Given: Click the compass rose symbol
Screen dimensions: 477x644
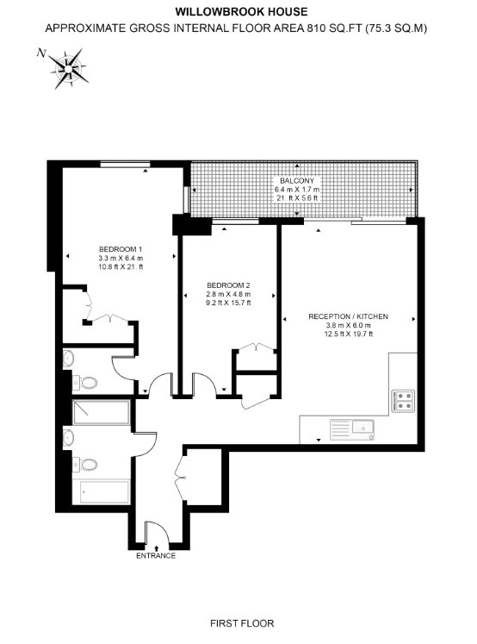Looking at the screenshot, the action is pyautogui.click(x=68, y=68).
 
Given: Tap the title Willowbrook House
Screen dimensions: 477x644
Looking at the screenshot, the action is pyautogui.click(x=241, y=11).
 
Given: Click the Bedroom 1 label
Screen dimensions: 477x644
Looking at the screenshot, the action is pyautogui.click(x=121, y=249).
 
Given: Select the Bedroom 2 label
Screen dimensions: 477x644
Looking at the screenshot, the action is pyautogui.click(x=228, y=285).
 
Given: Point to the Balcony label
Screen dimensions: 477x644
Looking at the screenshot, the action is pyautogui.click(x=297, y=181).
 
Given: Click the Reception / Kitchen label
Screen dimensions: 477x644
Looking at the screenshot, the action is pyautogui.click(x=348, y=316).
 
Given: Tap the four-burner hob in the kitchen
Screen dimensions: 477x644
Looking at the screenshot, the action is pyautogui.click(x=403, y=401).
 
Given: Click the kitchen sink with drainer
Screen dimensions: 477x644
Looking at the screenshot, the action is pyautogui.click(x=352, y=429).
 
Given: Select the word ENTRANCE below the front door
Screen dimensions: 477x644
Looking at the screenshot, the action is pyautogui.click(x=156, y=556).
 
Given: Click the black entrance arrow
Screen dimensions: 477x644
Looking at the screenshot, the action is pyautogui.click(x=157, y=547).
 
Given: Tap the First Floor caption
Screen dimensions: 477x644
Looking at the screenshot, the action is pyautogui.click(x=242, y=623).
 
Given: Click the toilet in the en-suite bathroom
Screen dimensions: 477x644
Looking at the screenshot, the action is pyautogui.click(x=85, y=383).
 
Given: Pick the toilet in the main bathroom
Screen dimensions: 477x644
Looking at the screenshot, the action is pyautogui.click(x=85, y=465).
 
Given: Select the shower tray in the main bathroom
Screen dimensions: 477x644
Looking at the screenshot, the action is pyautogui.click(x=102, y=413).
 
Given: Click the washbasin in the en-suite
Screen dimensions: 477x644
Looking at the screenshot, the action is pyautogui.click(x=68, y=358).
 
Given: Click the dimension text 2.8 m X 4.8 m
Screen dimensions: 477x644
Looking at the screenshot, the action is pyautogui.click(x=228, y=294).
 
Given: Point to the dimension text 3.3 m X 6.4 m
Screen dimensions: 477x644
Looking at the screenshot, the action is pyautogui.click(x=121, y=259).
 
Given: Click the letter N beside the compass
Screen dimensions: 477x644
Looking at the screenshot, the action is pyautogui.click(x=41, y=53).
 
